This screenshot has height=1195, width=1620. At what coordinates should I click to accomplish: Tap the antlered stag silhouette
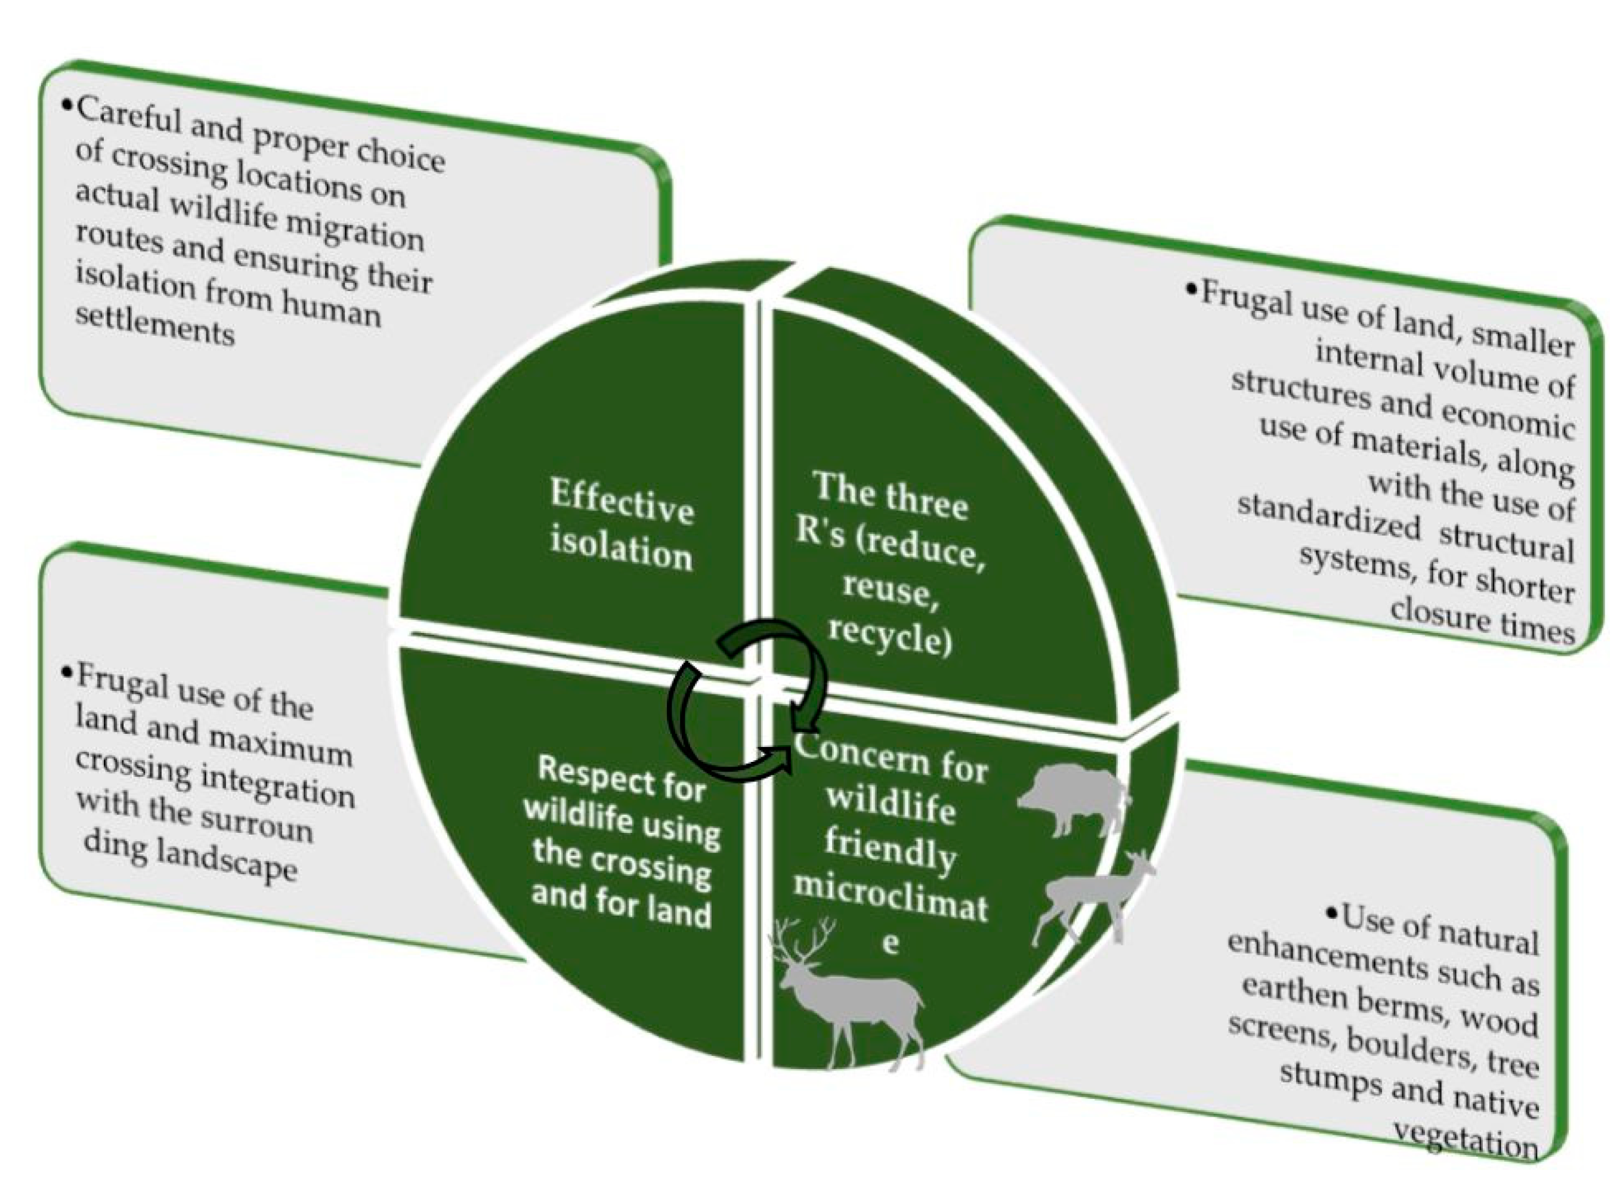(846, 995)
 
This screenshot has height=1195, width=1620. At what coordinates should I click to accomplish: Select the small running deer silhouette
(1092, 897)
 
